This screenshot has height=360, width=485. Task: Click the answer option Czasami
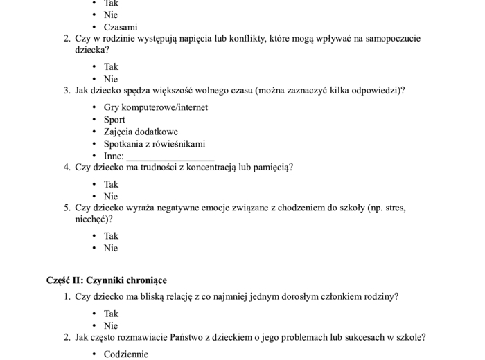(x=121, y=27)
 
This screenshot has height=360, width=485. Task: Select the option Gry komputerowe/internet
(x=155, y=107)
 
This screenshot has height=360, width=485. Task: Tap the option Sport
(x=114, y=120)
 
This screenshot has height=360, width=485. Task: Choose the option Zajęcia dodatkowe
(x=141, y=132)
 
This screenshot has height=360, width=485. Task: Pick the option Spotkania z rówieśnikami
(x=155, y=144)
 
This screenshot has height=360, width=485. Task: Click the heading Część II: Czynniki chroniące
(x=107, y=280)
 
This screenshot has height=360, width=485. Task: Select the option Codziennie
(x=126, y=354)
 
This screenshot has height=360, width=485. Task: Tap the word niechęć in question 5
(x=92, y=219)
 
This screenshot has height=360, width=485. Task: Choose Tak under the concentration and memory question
(x=111, y=184)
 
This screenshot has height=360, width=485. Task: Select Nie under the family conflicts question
(x=111, y=79)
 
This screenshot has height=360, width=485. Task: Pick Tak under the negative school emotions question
(x=111, y=236)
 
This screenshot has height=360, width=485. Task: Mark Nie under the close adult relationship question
(x=111, y=325)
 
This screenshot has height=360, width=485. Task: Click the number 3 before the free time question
(x=67, y=90)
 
